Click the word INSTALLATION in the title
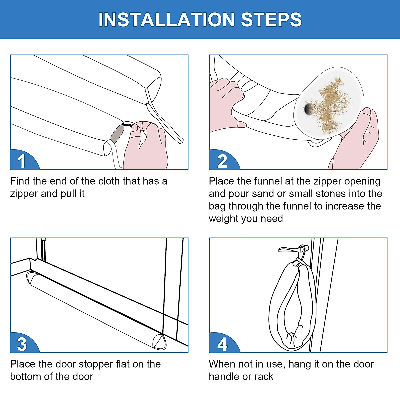tap(166, 20)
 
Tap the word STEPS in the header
tap(271, 20)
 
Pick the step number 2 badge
tap(223, 160)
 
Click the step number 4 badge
tap(223, 344)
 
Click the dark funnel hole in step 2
tap(308, 109)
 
